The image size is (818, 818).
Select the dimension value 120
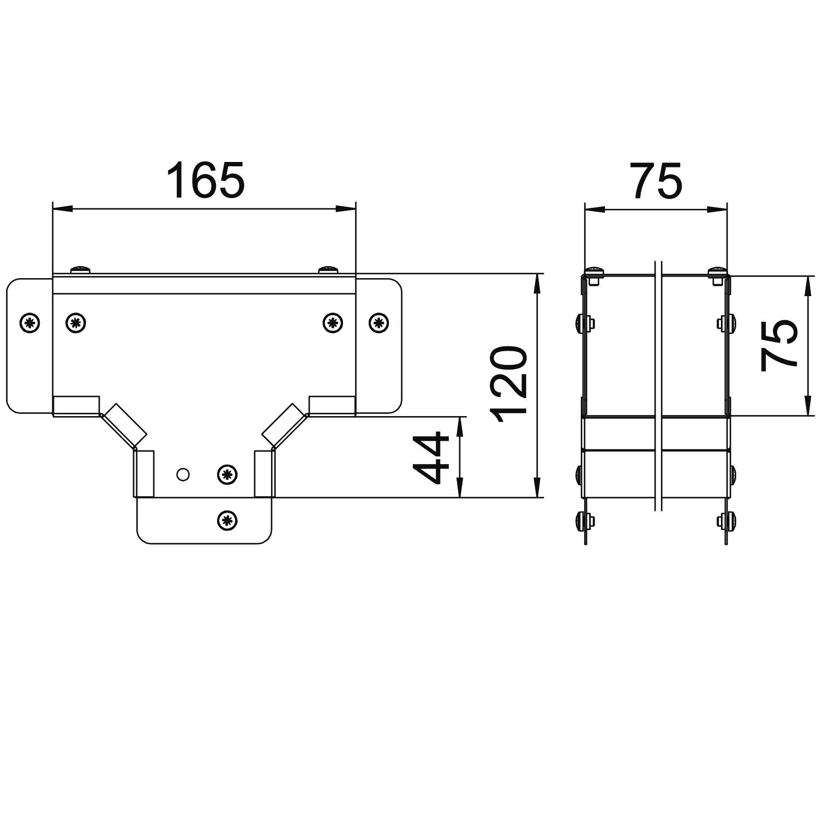[509, 385]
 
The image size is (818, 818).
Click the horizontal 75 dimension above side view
[657, 179]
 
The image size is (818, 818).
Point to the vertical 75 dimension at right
[779, 346]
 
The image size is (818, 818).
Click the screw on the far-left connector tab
[30, 323]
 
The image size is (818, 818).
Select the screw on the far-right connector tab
[378, 323]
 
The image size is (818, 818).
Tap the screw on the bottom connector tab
[227, 520]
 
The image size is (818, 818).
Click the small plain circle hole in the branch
[183, 474]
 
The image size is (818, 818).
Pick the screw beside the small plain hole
[227, 474]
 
